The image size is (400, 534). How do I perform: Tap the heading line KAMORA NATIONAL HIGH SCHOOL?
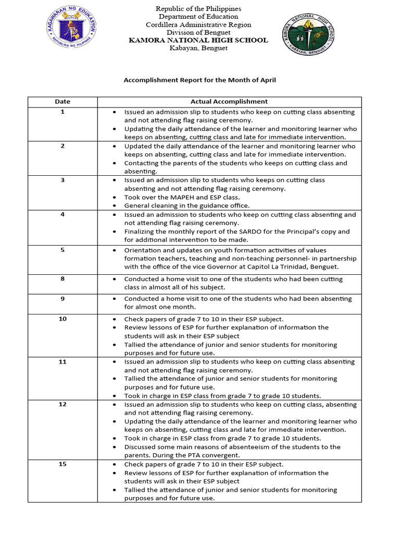click(x=198, y=40)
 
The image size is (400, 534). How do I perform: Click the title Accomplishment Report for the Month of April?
click(x=199, y=80)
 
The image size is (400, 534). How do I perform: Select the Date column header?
click(x=63, y=102)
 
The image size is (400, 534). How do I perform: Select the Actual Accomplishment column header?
click(x=229, y=102)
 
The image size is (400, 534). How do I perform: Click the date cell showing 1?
click(x=63, y=112)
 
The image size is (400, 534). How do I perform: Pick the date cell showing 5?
click(x=63, y=250)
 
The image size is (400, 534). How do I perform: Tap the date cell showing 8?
click(x=63, y=279)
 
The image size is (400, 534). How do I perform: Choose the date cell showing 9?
click(x=63, y=299)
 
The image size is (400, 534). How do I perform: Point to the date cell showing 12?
click(x=63, y=404)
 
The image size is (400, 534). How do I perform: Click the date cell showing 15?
click(x=63, y=464)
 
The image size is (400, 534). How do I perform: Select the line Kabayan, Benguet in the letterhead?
click(x=198, y=48)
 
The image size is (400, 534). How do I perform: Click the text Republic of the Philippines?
click(x=198, y=9)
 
